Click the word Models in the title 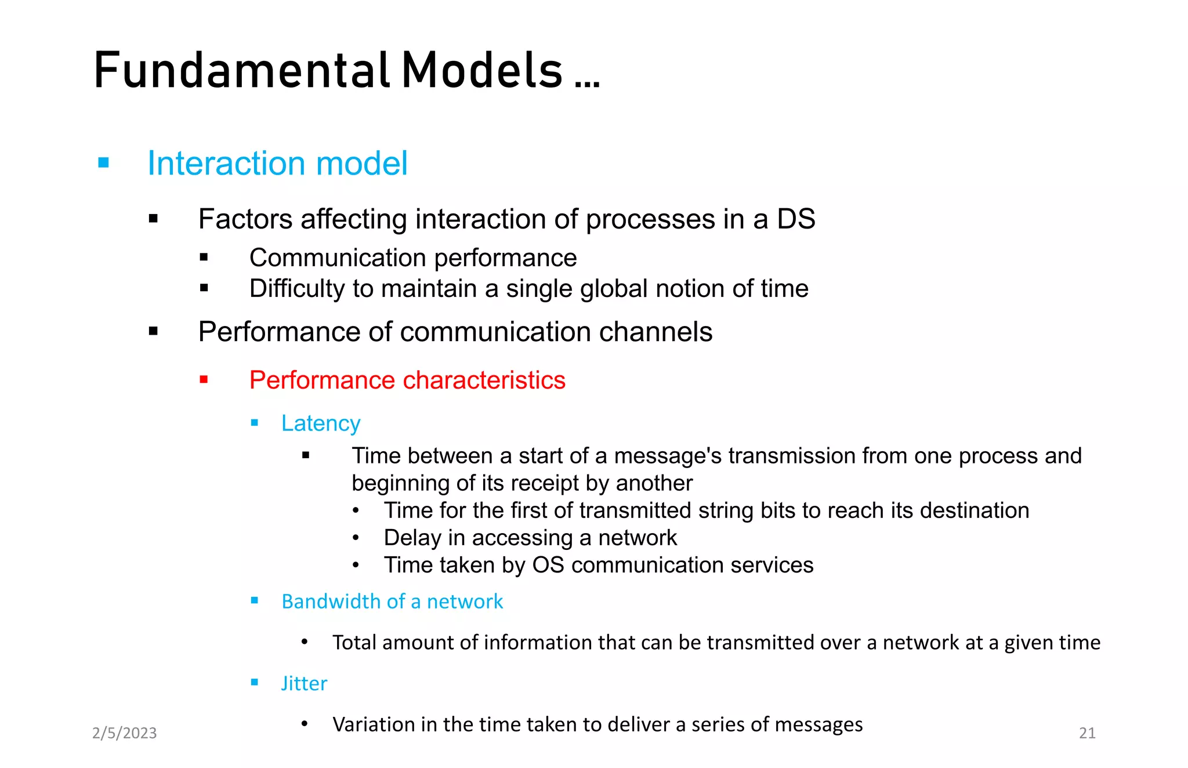click(481, 71)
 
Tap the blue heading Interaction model click(277, 164)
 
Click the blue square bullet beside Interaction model click(104, 163)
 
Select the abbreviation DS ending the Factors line click(796, 219)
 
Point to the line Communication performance click(412, 258)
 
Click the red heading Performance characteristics click(407, 381)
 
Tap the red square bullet click(204, 380)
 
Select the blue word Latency click(321, 423)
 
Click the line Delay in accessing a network click(530, 538)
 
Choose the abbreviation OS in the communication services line click(548, 565)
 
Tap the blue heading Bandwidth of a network click(392, 602)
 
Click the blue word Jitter click(304, 683)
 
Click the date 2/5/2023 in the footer click(125, 733)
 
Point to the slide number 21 click(1086, 733)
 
